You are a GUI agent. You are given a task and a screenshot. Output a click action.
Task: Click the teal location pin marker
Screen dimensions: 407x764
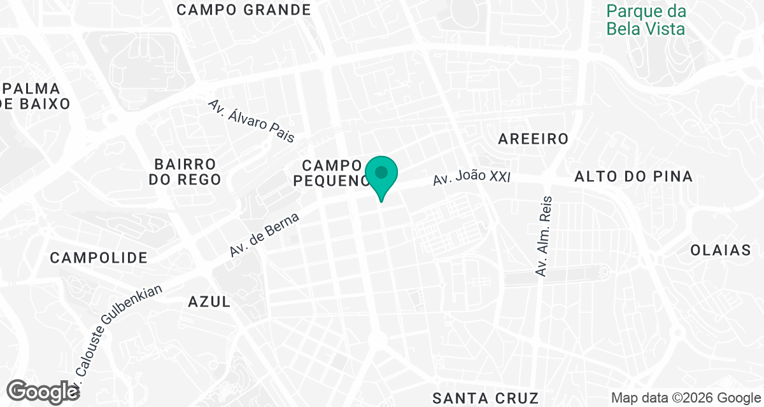click(x=381, y=177)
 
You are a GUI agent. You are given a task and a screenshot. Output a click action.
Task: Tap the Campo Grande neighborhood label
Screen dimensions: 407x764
click(x=244, y=10)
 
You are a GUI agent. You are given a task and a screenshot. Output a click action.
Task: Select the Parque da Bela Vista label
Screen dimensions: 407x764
click(x=646, y=20)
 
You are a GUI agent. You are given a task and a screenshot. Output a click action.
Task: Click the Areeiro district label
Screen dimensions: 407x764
click(x=533, y=139)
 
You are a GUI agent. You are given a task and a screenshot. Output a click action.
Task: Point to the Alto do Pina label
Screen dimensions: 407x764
click(x=633, y=177)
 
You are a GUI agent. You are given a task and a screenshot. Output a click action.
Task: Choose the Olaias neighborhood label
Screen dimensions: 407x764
click(x=721, y=251)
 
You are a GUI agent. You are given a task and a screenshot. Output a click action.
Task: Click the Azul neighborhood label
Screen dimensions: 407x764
click(x=209, y=302)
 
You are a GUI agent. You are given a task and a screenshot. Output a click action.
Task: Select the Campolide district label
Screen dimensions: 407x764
click(x=99, y=258)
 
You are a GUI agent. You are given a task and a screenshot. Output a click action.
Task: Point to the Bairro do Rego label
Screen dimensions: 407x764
click(x=185, y=172)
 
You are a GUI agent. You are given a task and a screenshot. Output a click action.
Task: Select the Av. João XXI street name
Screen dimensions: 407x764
click(x=472, y=177)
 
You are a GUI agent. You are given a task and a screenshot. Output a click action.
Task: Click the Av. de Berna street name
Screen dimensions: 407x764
click(x=264, y=235)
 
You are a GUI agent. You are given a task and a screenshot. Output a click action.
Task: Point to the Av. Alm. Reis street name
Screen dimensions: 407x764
click(x=544, y=235)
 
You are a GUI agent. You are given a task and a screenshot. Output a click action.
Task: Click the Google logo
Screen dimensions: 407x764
click(x=43, y=391)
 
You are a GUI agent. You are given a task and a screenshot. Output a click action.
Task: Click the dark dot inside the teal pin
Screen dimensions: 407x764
click(x=381, y=172)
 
